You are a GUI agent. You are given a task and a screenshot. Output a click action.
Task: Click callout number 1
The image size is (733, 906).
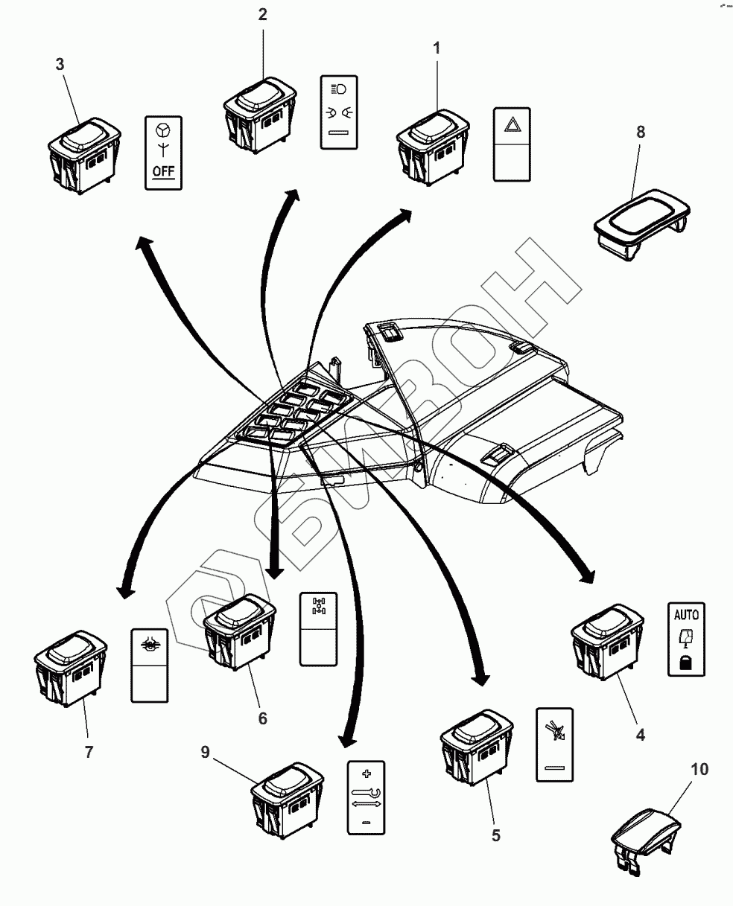437,48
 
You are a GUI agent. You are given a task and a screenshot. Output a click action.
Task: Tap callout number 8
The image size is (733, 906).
641,132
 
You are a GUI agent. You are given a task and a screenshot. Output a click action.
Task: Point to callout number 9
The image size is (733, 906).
205,753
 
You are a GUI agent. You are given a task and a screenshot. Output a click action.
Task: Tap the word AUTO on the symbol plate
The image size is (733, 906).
686,615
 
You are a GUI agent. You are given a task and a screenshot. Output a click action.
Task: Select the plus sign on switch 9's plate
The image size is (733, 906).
366,773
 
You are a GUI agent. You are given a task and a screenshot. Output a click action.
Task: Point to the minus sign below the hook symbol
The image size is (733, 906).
366,822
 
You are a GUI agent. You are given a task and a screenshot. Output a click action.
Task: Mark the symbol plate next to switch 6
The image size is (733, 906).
319,628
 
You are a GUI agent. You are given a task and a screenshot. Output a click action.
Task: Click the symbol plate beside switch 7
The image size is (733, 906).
150,664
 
